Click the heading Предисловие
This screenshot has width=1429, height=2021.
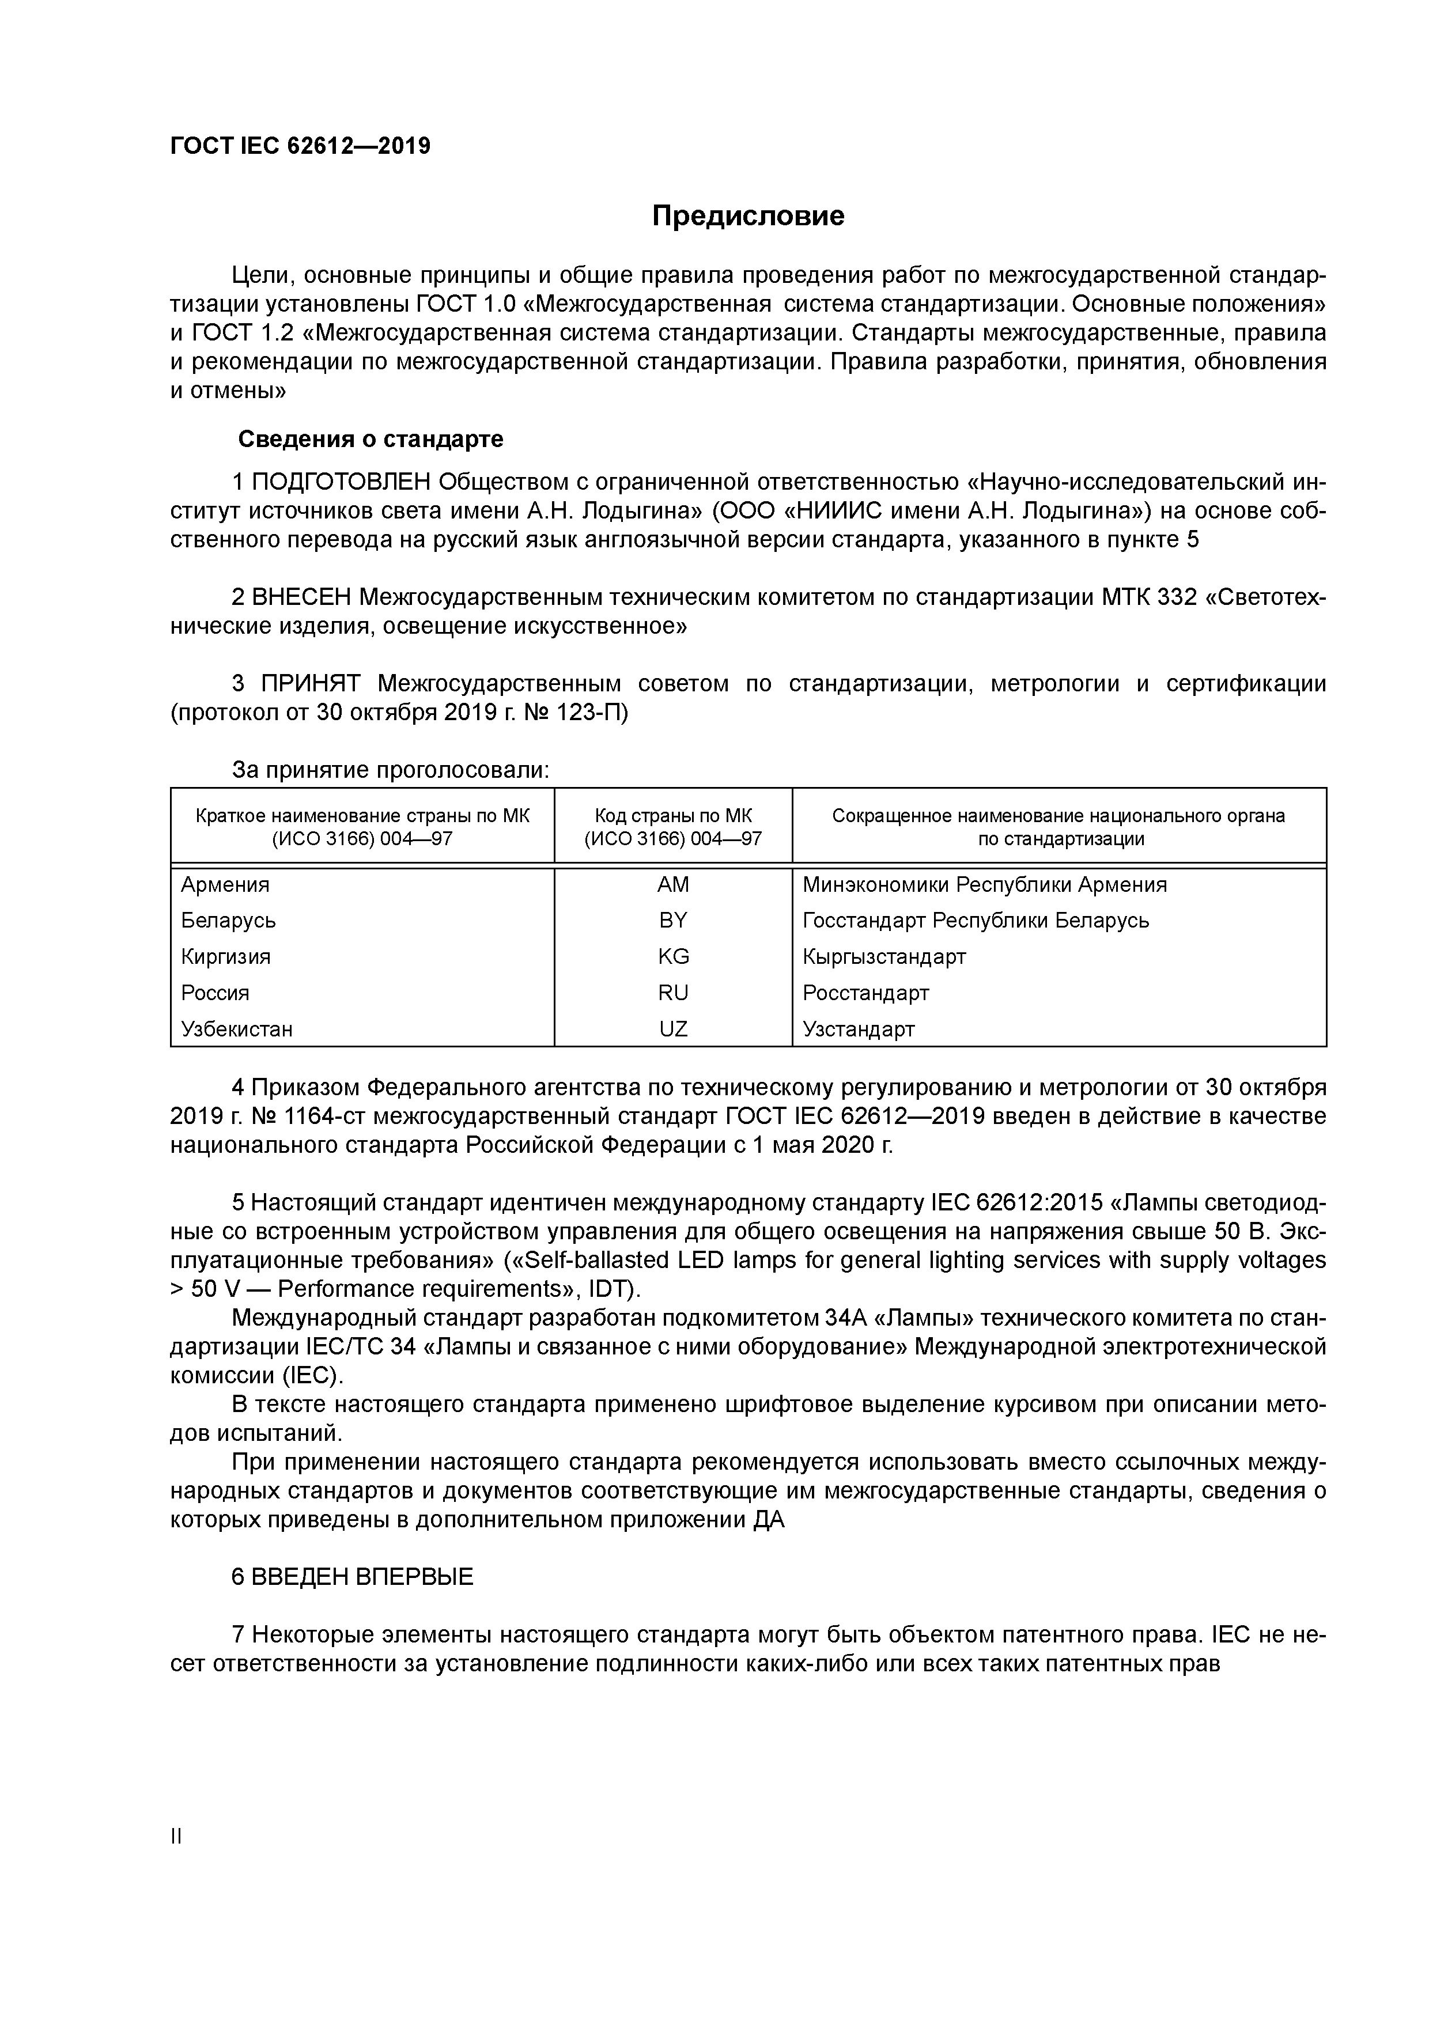click(747, 215)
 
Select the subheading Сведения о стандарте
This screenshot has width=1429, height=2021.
click(371, 438)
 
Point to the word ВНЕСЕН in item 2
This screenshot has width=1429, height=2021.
click(301, 597)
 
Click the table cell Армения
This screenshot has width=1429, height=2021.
click(225, 885)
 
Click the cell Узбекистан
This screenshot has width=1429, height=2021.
click(237, 1029)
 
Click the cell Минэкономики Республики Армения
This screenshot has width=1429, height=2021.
click(984, 885)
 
